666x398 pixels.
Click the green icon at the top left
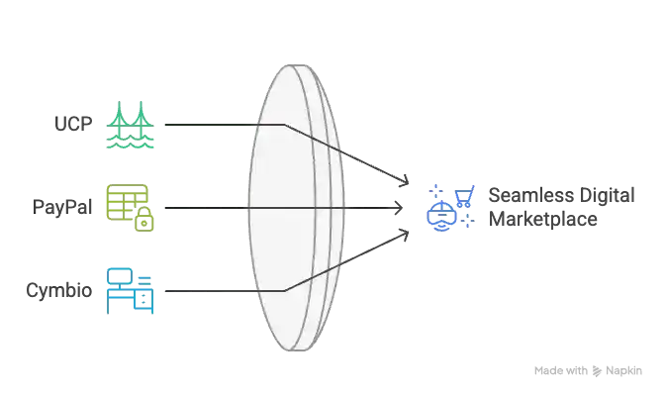point(130,125)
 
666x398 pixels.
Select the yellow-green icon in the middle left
point(130,208)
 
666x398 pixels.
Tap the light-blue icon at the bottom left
point(130,290)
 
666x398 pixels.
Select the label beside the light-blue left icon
point(58,291)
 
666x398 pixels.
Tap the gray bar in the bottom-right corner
point(588,372)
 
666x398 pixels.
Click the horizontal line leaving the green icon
point(203,125)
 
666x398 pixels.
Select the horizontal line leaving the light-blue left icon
point(203,290)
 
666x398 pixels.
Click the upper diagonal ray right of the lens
point(381,169)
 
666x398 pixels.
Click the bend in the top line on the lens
point(285,125)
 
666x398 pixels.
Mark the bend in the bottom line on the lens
point(285,290)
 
